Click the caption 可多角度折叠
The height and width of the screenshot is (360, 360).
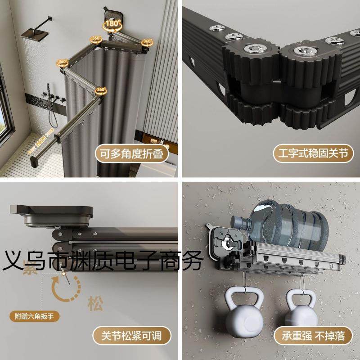tap(131, 154)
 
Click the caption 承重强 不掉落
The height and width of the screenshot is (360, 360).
tap(311, 335)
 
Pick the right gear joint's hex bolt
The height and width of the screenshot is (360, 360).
tap(300, 50)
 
